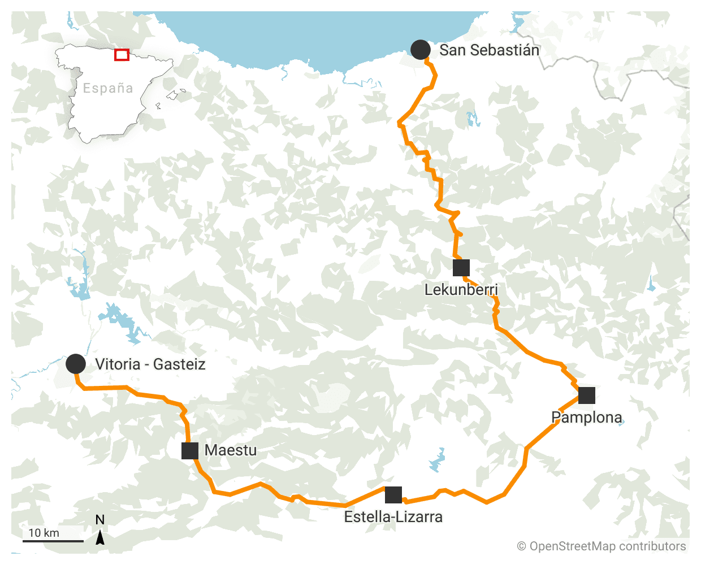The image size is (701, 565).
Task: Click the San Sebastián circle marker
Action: [x=421, y=50]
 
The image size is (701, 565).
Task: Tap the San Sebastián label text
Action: [x=489, y=50]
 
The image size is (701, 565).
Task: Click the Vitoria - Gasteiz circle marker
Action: [x=76, y=364]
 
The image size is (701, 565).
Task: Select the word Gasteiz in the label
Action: [x=179, y=364]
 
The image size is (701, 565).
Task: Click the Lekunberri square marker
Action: [x=461, y=268]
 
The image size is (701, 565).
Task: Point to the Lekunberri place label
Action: [x=461, y=290]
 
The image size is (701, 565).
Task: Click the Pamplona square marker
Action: [x=587, y=395]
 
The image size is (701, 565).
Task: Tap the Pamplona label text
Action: [x=587, y=418]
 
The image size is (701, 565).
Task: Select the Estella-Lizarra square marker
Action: [x=393, y=495]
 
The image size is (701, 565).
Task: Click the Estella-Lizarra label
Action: [x=393, y=517]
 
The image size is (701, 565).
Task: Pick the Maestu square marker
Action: [x=190, y=451]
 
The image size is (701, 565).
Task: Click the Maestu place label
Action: [x=231, y=450]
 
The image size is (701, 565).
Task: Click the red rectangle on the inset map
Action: [x=122, y=55]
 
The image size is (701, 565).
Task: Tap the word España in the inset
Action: [x=108, y=88]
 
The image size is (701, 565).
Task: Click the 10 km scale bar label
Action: [x=44, y=533]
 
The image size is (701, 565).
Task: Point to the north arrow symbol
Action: [x=100, y=537]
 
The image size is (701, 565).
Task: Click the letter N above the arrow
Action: [x=100, y=520]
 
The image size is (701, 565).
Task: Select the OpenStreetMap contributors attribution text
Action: [x=602, y=546]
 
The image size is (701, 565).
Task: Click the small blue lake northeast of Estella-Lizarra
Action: [x=438, y=460]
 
